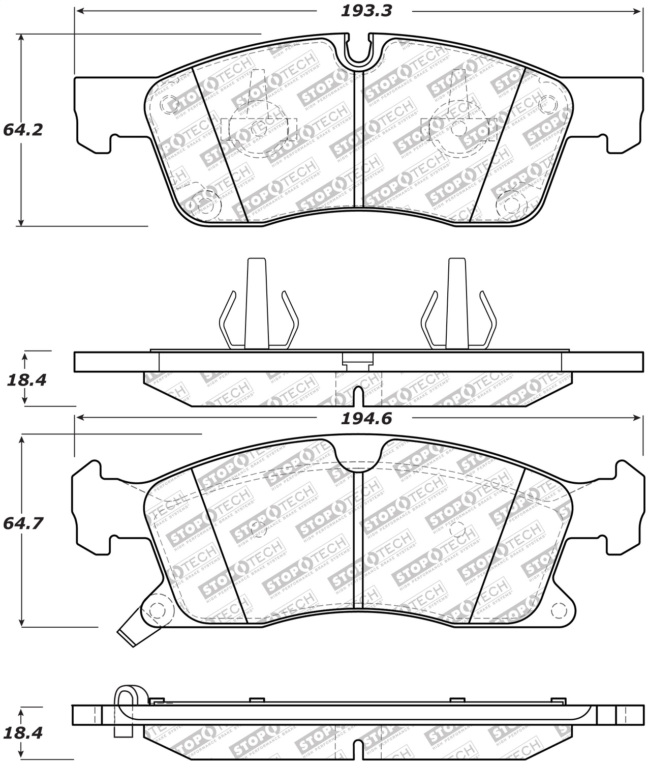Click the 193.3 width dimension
(366, 11)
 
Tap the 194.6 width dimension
(366, 419)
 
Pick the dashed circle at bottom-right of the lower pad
(559, 609)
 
